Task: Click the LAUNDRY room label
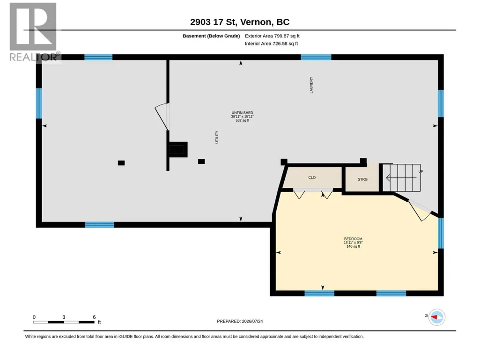tap(311, 85)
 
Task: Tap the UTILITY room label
tap(217, 137)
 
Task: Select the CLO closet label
tap(312, 177)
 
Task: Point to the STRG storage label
tap(363, 179)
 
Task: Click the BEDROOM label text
tap(353, 239)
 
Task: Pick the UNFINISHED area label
tap(243, 113)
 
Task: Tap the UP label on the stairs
tap(421, 171)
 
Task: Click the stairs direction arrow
tap(401, 177)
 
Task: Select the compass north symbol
tap(436, 317)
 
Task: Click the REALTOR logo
tap(34, 32)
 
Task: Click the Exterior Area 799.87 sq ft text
tap(272, 36)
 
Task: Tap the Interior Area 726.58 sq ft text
tap(271, 44)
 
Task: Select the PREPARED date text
tap(240, 321)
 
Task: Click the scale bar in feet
tap(64, 322)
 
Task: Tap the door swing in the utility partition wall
tap(162, 117)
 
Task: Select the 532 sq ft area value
tap(243, 121)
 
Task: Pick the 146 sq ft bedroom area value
tap(353, 246)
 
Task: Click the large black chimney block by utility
tap(178, 149)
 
